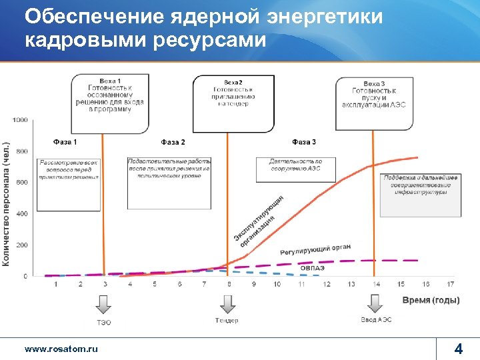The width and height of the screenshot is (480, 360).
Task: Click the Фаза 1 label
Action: click(65, 142)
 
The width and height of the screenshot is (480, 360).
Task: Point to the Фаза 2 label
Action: click(173, 142)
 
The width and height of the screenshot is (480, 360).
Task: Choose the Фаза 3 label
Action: click(304, 142)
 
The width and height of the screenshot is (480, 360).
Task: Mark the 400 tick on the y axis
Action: click(21, 214)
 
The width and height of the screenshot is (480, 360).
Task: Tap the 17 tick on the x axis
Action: click(451, 284)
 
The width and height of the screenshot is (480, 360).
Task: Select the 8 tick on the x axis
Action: click(229, 284)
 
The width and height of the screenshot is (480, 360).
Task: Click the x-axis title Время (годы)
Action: click(431, 301)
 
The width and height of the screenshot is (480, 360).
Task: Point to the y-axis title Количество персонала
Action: click(7, 203)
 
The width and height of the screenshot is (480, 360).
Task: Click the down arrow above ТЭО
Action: click(104, 304)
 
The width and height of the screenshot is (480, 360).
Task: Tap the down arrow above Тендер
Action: click(227, 304)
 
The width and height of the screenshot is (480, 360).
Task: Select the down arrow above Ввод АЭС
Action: click(376, 304)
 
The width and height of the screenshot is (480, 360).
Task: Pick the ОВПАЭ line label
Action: click(312, 267)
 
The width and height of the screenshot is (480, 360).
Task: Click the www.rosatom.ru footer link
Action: click(61, 349)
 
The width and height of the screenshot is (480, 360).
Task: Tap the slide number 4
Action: click(458, 349)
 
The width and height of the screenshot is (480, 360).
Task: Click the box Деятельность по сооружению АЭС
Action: click(295, 165)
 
